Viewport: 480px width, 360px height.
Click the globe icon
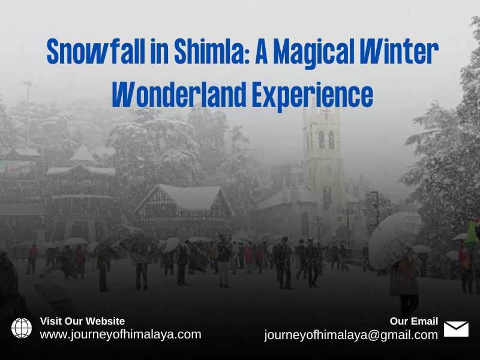[22, 328]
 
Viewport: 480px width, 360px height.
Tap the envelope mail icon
[456, 329]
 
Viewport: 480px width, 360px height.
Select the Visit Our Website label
[82, 321]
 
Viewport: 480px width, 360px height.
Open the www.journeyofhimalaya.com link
[120, 334]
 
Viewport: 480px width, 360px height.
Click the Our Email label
[414, 321]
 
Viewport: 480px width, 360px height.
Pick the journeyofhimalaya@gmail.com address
[351, 335]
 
